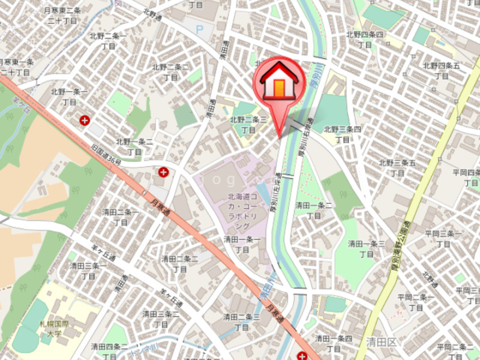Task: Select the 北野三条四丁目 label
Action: click(x=343, y=134)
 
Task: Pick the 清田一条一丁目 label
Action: click(x=242, y=244)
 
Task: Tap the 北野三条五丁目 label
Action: click(x=397, y=168)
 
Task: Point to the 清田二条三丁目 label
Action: click(x=241, y=322)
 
